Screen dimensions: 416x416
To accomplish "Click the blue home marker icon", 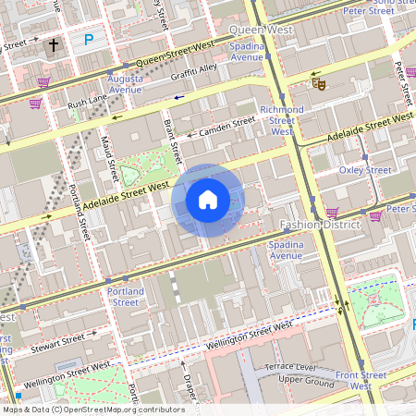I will coord(208,200).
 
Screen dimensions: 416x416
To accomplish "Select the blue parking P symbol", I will coord(89,40).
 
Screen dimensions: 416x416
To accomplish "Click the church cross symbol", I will coord(54,43).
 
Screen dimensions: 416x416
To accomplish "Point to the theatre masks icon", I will coord(319,83).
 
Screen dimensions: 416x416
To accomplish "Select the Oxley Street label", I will coord(365,170).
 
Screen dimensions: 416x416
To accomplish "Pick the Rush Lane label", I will coord(88,103).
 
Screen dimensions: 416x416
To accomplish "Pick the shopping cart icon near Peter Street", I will coord(376,216).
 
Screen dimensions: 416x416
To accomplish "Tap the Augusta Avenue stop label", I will coord(125,85).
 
